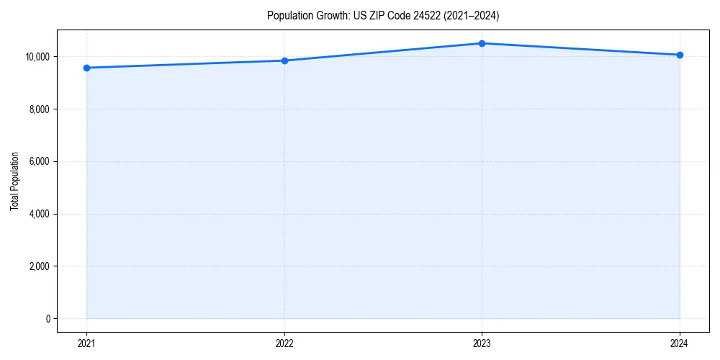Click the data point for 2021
pyautogui.click(x=86, y=68)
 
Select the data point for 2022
pyautogui.click(x=284, y=60)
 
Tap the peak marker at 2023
pyautogui.click(x=482, y=43)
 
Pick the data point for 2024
pyautogui.click(x=680, y=55)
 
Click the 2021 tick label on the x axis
pyautogui.click(x=86, y=343)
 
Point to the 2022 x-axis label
pyautogui.click(x=284, y=343)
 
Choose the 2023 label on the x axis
pyautogui.click(x=482, y=343)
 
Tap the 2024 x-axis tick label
pyautogui.click(x=680, y=343)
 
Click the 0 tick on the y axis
pyautogui.click(x=48, y=318)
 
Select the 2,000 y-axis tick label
pyautogui.click(x=40, y=266)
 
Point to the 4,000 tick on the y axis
pyautogui.click(x=40, y=214)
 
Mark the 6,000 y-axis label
pyautogui.click(x=40, y=161)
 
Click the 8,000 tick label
pyautogui.click(x=40, y=109)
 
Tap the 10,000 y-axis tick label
pyautogui.click(x=37, y=57)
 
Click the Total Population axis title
pyautogui.click(x=14, y=181)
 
